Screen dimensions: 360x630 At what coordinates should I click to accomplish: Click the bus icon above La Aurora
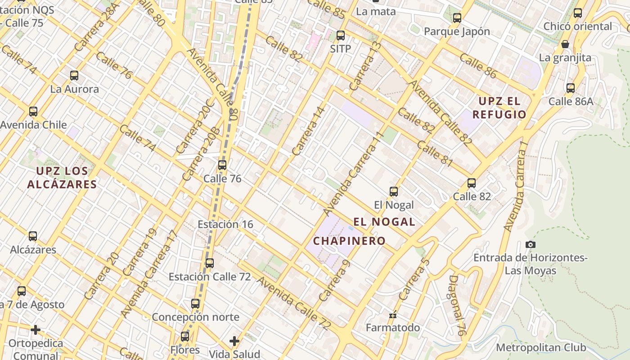(x=74, y=76)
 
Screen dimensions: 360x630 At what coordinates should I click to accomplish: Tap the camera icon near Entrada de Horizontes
(x=531, y=244)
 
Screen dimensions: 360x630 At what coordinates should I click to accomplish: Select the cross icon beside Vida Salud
(x=234, y=341)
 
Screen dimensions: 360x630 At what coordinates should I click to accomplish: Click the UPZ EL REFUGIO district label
(x=499, y=108)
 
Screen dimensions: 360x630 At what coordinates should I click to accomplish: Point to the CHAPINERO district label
(x=349, y=241)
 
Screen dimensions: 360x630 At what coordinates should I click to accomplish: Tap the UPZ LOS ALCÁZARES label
(x=62, y=177)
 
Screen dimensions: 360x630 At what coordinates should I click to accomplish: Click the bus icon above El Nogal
(x=394, y=192)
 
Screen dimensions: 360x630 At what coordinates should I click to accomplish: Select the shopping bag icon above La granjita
(x=565, y=44)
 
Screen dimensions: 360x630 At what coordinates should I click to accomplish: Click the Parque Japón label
(x=457, y=31)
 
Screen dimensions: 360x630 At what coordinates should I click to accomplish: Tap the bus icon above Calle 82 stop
(x=472, y=183)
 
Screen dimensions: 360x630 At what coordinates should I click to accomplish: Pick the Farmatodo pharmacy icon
(x=393, y=315)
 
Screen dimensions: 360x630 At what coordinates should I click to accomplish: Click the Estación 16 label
(x=225, y=224)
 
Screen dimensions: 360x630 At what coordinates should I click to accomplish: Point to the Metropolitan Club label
(x=541, y=347)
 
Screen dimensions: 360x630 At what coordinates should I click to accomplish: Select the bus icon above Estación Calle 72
(x=210, y=263)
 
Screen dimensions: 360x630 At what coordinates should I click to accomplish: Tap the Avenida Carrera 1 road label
(x=516, y=187)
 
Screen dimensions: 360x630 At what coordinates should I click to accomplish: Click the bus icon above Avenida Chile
(x=33, y=112)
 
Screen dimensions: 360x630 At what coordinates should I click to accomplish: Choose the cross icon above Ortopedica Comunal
(x=36, y=330)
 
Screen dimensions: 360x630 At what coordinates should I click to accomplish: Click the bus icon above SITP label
(x=341, y=36)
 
